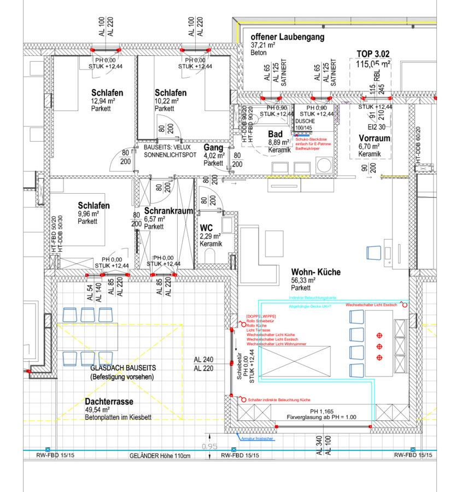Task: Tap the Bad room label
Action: tap(275, 134)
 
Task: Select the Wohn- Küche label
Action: tap(316, 271)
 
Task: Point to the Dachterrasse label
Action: tap(109, 401)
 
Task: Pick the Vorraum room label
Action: tap(375, 138)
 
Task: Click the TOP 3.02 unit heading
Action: tap(373, 54)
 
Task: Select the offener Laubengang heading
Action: tap(288, 37)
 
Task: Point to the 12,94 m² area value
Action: tap(103, 101)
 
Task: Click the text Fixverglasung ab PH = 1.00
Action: tap(321, 418)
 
